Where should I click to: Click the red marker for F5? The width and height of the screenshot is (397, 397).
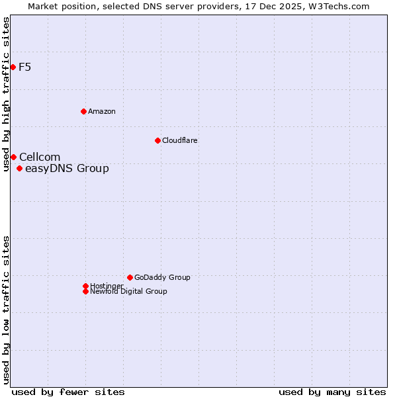[13, 67]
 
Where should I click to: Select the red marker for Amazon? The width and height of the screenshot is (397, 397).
[83, 111]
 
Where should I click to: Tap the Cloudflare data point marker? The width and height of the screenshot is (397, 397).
[157, 140]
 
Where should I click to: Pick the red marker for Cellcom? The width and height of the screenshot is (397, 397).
[13, 157]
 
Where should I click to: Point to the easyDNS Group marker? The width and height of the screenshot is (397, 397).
[19, 169]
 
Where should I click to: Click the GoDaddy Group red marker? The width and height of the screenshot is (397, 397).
[130, 277]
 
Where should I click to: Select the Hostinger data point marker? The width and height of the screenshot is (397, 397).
[85, 286]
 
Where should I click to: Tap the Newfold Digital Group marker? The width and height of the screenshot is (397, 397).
[85, 291]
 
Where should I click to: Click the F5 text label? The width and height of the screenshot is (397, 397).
[25, 67]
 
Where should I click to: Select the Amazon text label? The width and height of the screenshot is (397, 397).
[102, 111]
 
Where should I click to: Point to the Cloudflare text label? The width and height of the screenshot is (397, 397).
[180, 140]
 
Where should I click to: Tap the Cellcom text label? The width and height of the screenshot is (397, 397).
[40, 157]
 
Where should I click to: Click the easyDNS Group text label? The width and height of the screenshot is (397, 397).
[67, 169]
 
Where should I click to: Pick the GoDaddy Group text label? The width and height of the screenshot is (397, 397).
[162, 277]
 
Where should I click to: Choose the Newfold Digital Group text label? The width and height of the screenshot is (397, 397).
[128, 291]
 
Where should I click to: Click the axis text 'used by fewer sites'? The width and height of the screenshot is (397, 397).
[68, 392]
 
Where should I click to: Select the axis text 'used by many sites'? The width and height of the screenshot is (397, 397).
[332, 392]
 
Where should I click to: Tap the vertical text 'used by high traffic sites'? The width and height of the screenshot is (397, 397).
[6, 94]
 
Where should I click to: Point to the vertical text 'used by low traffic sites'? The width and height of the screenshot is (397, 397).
[6, 310]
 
